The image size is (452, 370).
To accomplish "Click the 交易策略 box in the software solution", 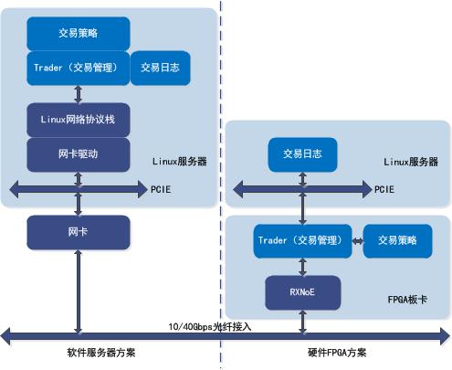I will click(78, 34).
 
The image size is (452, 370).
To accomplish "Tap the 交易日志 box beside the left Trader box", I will click(161, 67).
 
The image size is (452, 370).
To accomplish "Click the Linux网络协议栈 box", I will click(78, 120).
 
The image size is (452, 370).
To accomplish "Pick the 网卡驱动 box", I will click(78, 153).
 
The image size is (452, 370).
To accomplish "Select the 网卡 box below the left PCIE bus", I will click(78, 232).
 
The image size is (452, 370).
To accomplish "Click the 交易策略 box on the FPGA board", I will click(396, 240).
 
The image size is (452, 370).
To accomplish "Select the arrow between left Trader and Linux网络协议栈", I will click(78, 92).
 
